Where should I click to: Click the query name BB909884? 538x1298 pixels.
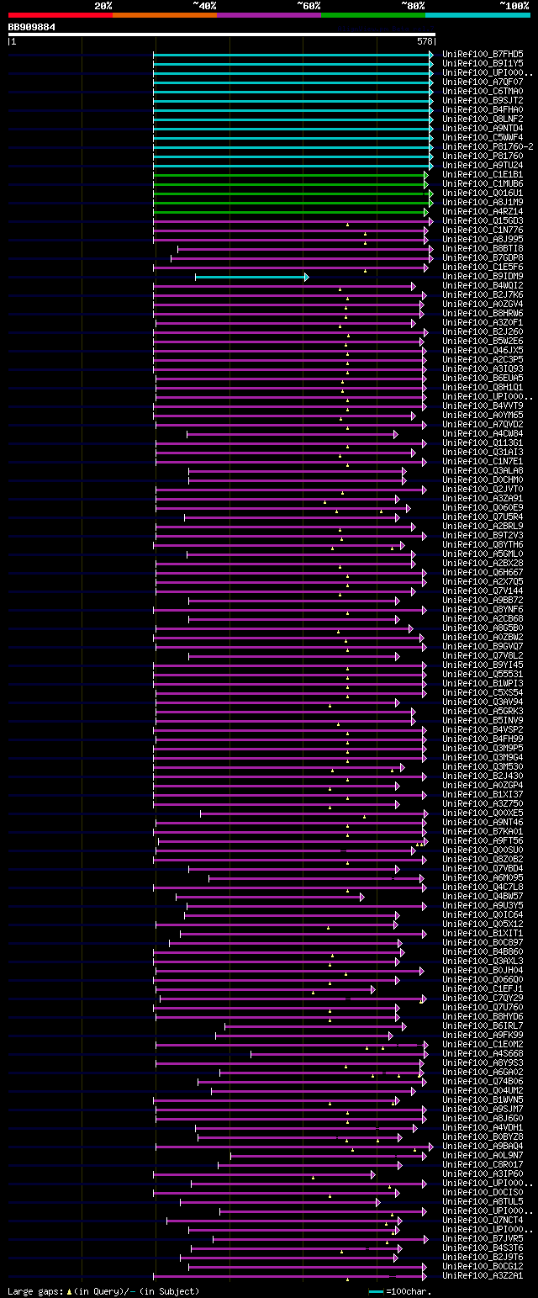[x=32, y=27]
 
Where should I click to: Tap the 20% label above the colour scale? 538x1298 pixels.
[x=103, y=5]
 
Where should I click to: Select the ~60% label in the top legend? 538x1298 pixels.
[x=308, y=5]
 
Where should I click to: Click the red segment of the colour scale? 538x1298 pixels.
[x=60, y=15]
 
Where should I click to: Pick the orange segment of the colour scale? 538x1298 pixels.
[x=164, y=15]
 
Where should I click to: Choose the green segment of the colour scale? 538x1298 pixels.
[x=372, y=15]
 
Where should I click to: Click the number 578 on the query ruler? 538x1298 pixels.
[x=425, y=41]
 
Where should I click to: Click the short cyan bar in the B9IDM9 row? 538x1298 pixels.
[x=251, y=277]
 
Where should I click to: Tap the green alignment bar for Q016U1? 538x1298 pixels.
[x=290, y=193]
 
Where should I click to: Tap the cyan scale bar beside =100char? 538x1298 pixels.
[x=376, y=1291]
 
